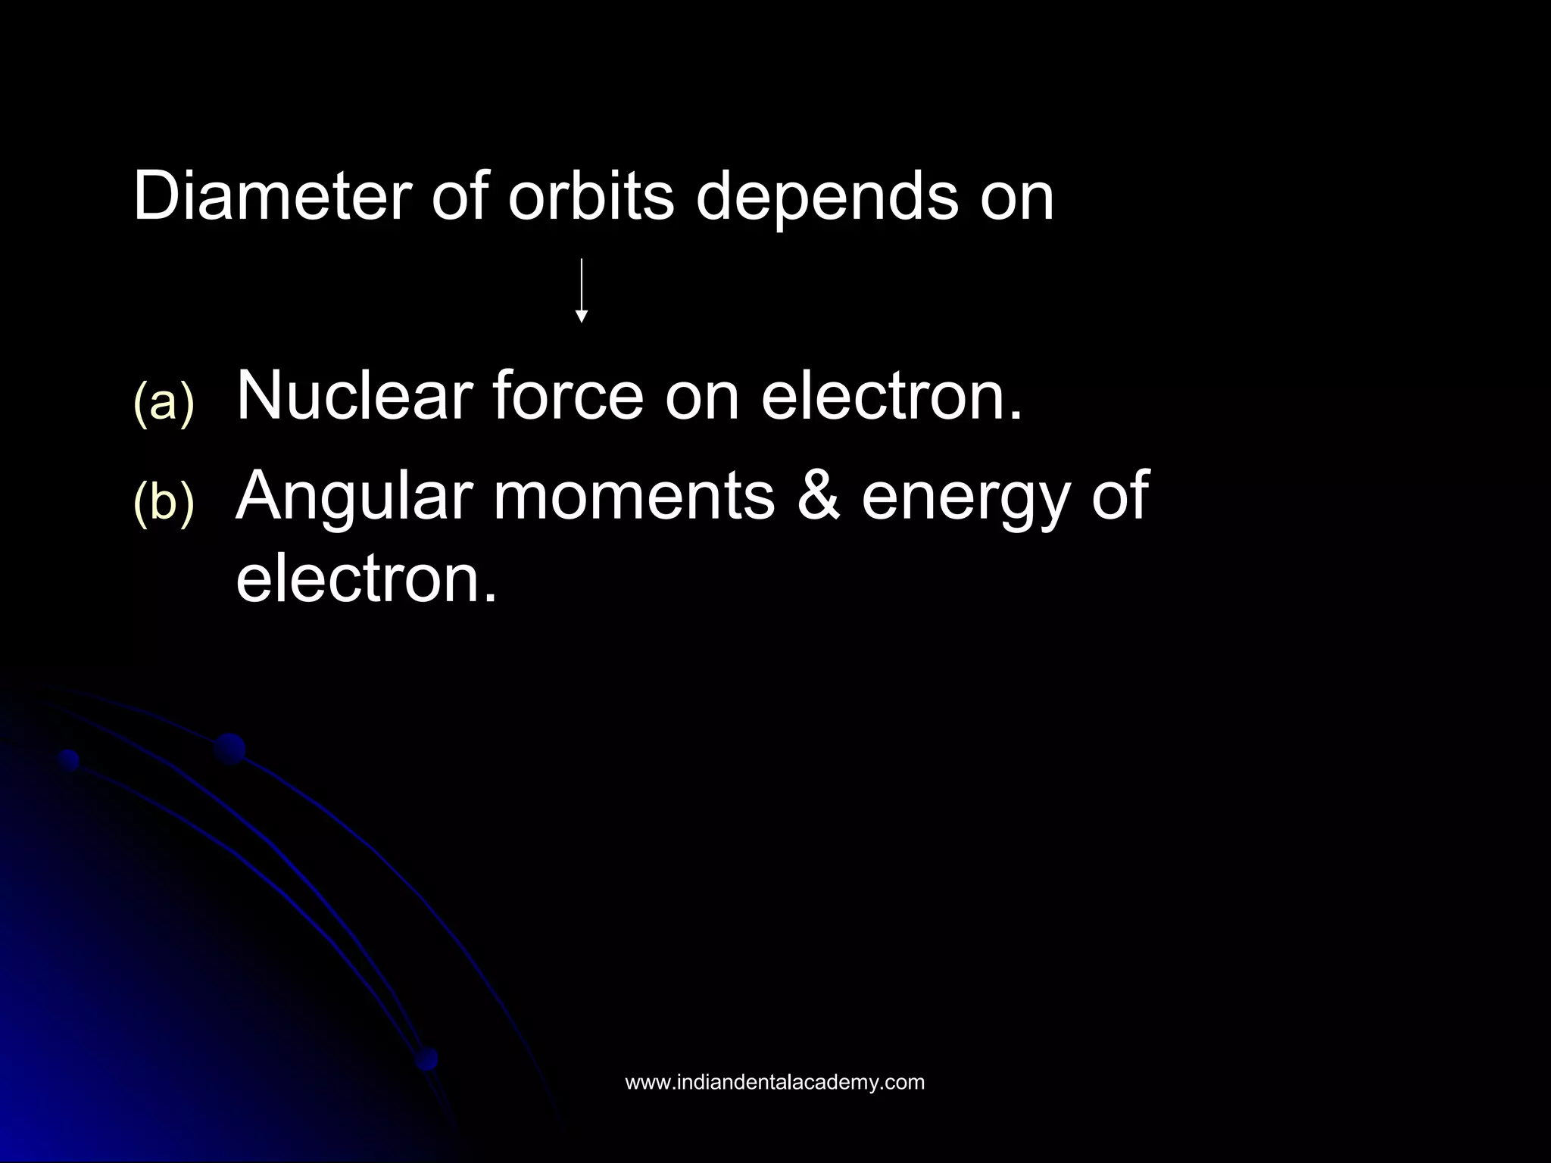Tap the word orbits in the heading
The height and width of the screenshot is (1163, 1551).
(x=591, y=197)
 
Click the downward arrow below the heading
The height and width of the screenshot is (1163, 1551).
(x=581, y=292)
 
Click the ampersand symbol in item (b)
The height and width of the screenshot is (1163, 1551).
(x=818, y=496)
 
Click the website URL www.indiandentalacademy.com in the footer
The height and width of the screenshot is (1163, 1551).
(x=774, y=1082)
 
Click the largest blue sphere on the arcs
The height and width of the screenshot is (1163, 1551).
(x=229, y=749)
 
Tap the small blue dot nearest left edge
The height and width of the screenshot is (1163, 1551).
(x=69, y=760)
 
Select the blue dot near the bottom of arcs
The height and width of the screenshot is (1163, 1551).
(x=427, y=1058)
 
